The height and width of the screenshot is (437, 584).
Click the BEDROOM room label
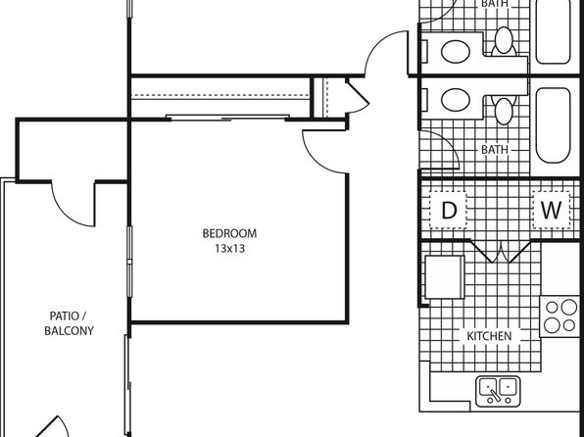(x=229, y=233)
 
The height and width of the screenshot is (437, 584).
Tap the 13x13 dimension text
(x=230, y=249)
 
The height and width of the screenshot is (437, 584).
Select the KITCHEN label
(x=489, y=336)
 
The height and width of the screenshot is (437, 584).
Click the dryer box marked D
(x=449, y=210)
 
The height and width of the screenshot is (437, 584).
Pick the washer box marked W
(x=552, y=210)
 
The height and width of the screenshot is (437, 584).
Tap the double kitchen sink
(x=498, y=391)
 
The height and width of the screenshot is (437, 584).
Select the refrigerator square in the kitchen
(x=445, y=277)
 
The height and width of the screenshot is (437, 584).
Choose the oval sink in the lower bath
(x=455, y=100)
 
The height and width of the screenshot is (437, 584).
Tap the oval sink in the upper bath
(x=455, y=51)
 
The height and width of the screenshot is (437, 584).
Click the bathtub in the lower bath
(x=553, y=125)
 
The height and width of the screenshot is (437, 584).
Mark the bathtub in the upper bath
(x=553, y=31)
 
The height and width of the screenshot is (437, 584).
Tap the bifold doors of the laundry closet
(x=500, y=252)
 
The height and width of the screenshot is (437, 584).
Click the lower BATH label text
(x=495, y=149)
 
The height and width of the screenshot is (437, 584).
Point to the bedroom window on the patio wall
(x=129, y=262)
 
